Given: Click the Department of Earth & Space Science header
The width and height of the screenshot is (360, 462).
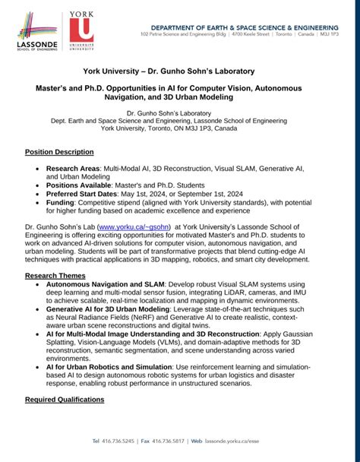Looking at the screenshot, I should click(243, 26).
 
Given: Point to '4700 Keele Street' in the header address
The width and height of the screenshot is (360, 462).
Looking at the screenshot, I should click(233, 35).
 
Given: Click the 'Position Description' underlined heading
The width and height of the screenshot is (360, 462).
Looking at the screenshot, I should click(59, 152).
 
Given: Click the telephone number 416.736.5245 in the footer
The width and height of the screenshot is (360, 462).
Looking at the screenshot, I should click(118, 441).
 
